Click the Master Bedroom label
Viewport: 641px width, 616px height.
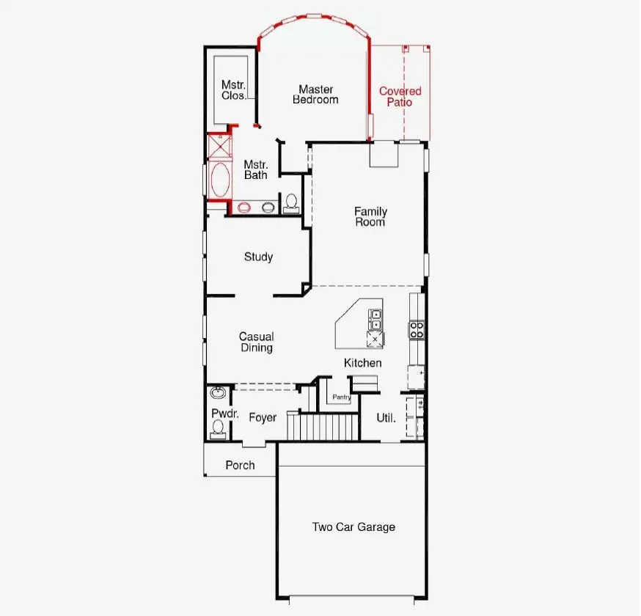(x=315, y=95)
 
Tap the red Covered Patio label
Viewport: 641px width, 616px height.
(x=400, y=97)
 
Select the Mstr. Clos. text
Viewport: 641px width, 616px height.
(x=234, y=89)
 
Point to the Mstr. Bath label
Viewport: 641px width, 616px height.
(x=256, y=169)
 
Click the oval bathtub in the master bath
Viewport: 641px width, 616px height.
(x=219, y=180)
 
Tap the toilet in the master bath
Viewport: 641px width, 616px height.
(x=291, y=202)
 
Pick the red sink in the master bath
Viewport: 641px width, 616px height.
(x=244, y=208)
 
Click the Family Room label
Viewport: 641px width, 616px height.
(x=370, y=216)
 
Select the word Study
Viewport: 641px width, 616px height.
(x=258, y=257)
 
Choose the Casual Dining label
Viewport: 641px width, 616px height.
(x=256, y=342)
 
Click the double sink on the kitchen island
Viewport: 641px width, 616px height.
(x=376, y=320)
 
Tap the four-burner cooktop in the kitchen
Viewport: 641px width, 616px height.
(x=416, y=329)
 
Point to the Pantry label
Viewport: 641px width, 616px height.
(x=341, y=397)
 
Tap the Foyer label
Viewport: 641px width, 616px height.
(x=263, y=418)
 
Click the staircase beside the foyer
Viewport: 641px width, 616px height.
(x=323, y=426)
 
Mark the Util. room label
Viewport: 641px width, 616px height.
(x=386, y=418)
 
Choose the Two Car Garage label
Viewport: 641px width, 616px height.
(x=354, y=527)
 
